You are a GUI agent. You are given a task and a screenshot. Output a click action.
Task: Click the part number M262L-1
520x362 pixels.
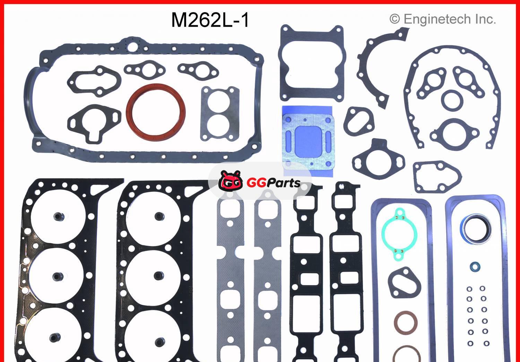(210, 20)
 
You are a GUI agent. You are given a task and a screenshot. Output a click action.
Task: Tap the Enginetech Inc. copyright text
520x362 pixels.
(443, 19)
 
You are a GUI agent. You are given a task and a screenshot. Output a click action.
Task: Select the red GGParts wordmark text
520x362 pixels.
(273, 182)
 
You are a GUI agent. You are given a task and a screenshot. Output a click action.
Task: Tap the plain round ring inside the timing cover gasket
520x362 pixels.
(452, 99)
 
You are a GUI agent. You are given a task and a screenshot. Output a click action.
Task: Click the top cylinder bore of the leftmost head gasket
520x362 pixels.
(58, 217)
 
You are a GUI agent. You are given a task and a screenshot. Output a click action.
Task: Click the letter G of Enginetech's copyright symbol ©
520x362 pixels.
(395, 19)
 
